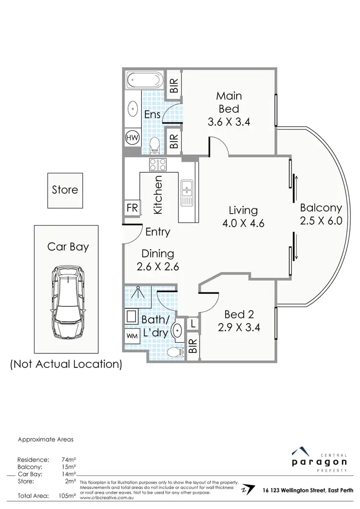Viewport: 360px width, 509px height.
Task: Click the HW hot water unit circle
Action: [132, 138]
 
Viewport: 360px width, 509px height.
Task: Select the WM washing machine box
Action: [132, 335]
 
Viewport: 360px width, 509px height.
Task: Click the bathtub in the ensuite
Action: [144, 80]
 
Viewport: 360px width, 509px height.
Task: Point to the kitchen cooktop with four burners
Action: [157, 165]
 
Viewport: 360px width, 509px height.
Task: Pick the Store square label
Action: [65, 190]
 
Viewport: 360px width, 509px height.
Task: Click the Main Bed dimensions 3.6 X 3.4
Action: [229, 122]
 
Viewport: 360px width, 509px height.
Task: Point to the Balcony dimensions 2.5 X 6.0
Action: [321, 222]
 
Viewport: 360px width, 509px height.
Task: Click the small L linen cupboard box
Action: [192, 324]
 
